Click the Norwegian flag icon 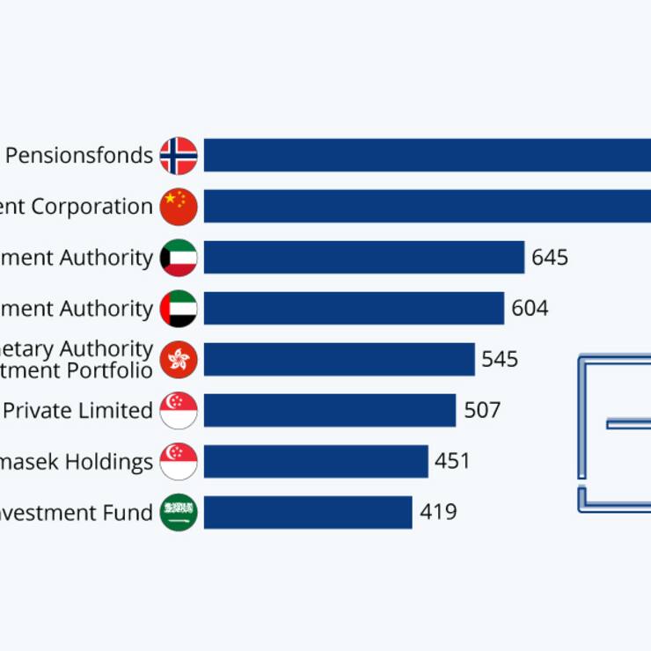coord(179,156)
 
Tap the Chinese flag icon coord(179,207)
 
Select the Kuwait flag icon coord(179,258)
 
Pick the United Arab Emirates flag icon coord(179,309)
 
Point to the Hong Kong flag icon coord(179,359)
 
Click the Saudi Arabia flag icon coord(179,512)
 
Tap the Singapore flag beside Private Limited coord(179,410)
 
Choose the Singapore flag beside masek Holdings coord(179,461)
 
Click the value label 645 coord(550,258)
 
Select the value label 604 coord(530,309)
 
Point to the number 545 coord(500,359)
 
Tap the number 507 coord(482,410)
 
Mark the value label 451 coord(452,461)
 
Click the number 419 coord(438,512)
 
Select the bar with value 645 coord(364,258)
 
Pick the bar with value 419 coord(308,512)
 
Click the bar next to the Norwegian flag coord(427,156)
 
